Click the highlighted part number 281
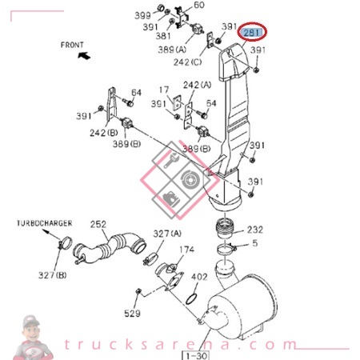point(252,33)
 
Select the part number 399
point(142,15)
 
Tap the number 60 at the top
point(199,6)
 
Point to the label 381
point(163,36)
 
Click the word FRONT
point(74,45)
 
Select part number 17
point(163,90)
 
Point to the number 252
point(98,224)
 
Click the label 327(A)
point(167,234)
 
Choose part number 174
point(186,250)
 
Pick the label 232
point(255,228)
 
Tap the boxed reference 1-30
point(198,354)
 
